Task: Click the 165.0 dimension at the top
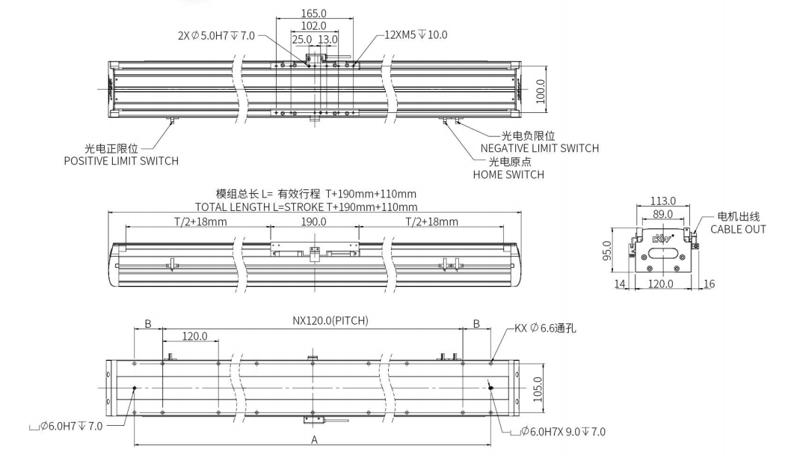point(314,13)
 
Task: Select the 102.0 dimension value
point(313,26)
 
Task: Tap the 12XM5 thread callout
point(416,34)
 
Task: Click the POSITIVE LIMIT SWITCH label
point(121,161)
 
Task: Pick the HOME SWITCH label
point(508,174)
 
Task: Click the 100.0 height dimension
point(541,89)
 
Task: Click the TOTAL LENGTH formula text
point(306,207)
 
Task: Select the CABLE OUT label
point(737,229)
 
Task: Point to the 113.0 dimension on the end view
point(662,201)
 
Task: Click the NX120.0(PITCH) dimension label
point(329,321)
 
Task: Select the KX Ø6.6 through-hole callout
point(544,328)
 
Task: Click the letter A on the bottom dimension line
point(314,441)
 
